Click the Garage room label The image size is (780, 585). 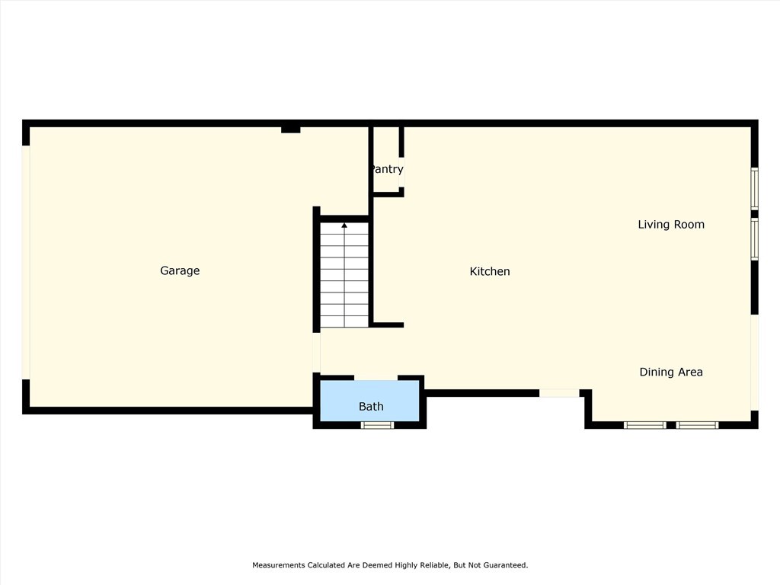(x=180, y=270)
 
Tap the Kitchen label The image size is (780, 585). (x=490, y=271)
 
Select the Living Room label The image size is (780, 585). (x=670, y=224)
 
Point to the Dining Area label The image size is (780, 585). (x=670, y=372)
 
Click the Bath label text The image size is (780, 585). (x=371, y=407)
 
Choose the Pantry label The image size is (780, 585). (x=387, y=169)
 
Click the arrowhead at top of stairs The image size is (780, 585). (x=344, y=225)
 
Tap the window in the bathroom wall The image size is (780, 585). (x=377, y=425)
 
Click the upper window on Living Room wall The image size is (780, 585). (x=755, y=188)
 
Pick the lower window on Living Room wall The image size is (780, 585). (x=755, y=239)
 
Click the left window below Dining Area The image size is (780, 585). (x=644, y=425)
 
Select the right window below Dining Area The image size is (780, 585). (x=697, y=425)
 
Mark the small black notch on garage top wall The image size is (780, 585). (x=290, y=129)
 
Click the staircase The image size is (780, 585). (x=344, y=274)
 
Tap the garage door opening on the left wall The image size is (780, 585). (x=26, y=262)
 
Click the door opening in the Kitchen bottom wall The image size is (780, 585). (x=559, y=393)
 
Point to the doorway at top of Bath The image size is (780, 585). (x=376, y=377)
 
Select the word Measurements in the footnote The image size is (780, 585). (x=279, y=565)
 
